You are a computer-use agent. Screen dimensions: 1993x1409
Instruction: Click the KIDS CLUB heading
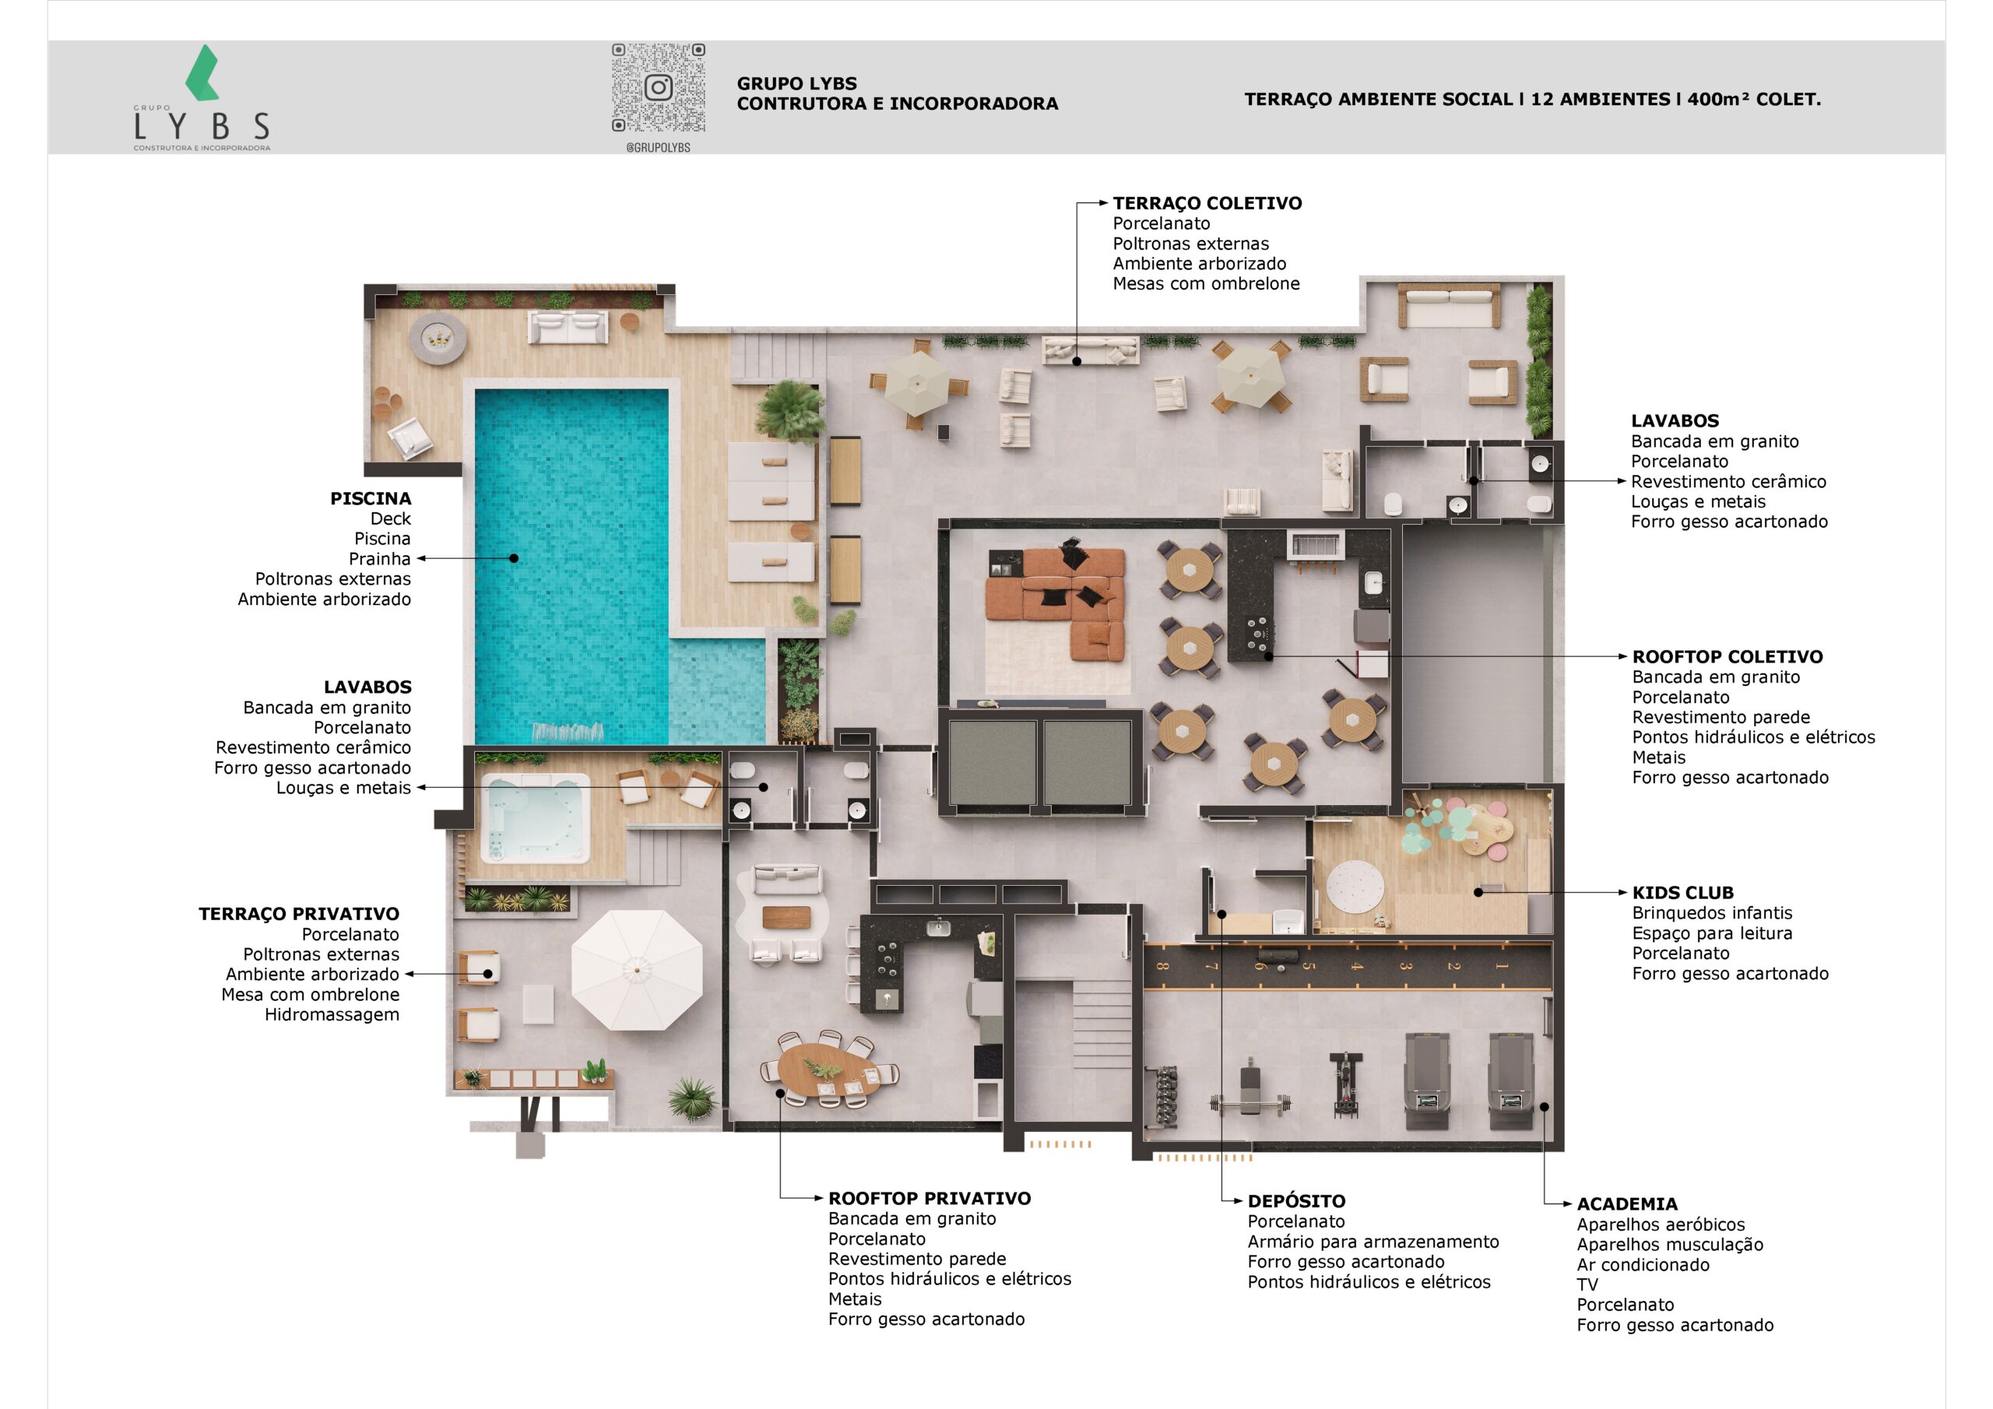[x=1682, y=892]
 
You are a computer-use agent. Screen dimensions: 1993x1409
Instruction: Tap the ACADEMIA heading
[x=1626, y=1204]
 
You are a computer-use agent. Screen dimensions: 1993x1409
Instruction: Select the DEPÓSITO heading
[x=1296, y=1201]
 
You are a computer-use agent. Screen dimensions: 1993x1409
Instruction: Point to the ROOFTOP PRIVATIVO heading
[x=929, y=1198]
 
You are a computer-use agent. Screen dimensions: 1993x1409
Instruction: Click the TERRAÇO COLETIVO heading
[x=1207, y=203]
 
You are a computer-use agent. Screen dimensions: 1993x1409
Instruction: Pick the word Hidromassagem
[x=332, y=1015]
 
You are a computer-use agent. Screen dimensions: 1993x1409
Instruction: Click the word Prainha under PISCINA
[x=379, y=558]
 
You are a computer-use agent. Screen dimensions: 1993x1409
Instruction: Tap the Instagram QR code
[x=658, y=88]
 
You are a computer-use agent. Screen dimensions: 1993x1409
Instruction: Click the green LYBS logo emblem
[x=202, y=73]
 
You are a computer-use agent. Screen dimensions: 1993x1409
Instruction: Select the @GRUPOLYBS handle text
[x=658, y=148]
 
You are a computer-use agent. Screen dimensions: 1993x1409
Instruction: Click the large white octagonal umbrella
[x=636, y=969]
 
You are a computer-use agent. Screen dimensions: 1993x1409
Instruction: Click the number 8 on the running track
[x=1163, y=965]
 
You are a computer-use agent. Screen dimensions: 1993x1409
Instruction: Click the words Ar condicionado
[x=1643, y=1265]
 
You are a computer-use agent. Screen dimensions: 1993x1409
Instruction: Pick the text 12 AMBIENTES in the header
[x=1601, y=99]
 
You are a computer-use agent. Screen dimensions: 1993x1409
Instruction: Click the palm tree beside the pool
[x=790, y=409]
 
